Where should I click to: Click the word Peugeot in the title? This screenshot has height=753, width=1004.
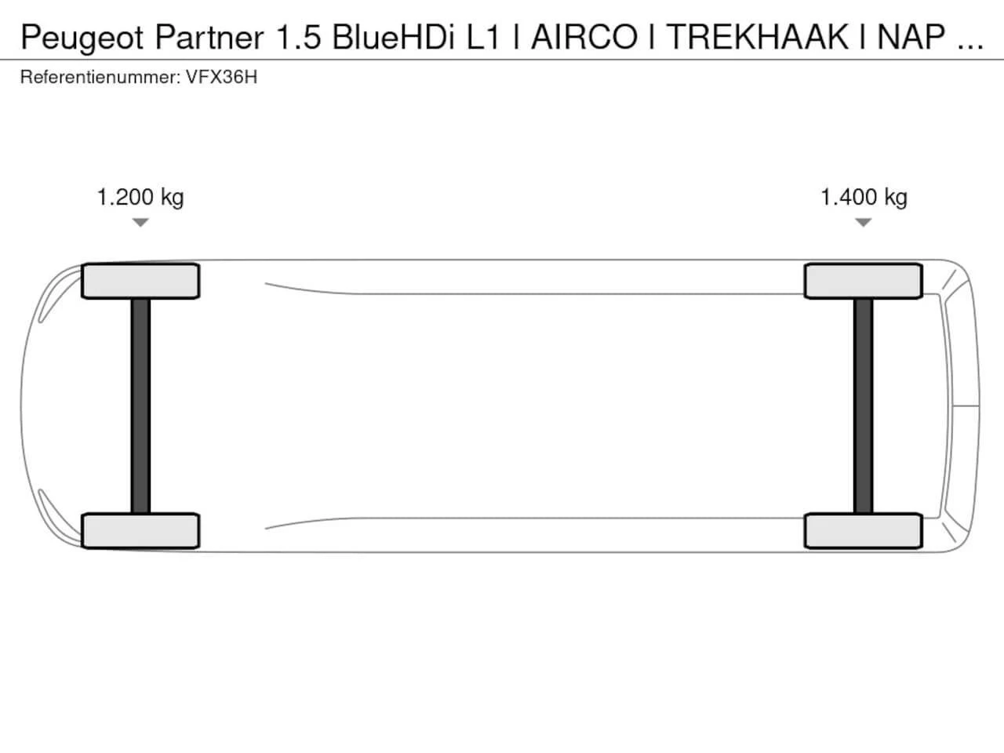(x=82, y=38)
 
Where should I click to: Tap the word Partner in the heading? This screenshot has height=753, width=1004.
(x=209, y=37)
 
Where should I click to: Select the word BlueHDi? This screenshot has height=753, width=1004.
(x=394, y=37)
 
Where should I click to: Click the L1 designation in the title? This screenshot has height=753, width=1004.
(x=483, y=37)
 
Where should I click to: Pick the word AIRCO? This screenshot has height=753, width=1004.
(x=584, y=37)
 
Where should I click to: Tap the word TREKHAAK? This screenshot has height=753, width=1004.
(x=757, y=37)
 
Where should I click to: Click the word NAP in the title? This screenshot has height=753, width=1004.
(x=911, y=37)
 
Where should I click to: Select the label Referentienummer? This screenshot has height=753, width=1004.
(x=100, y=78)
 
